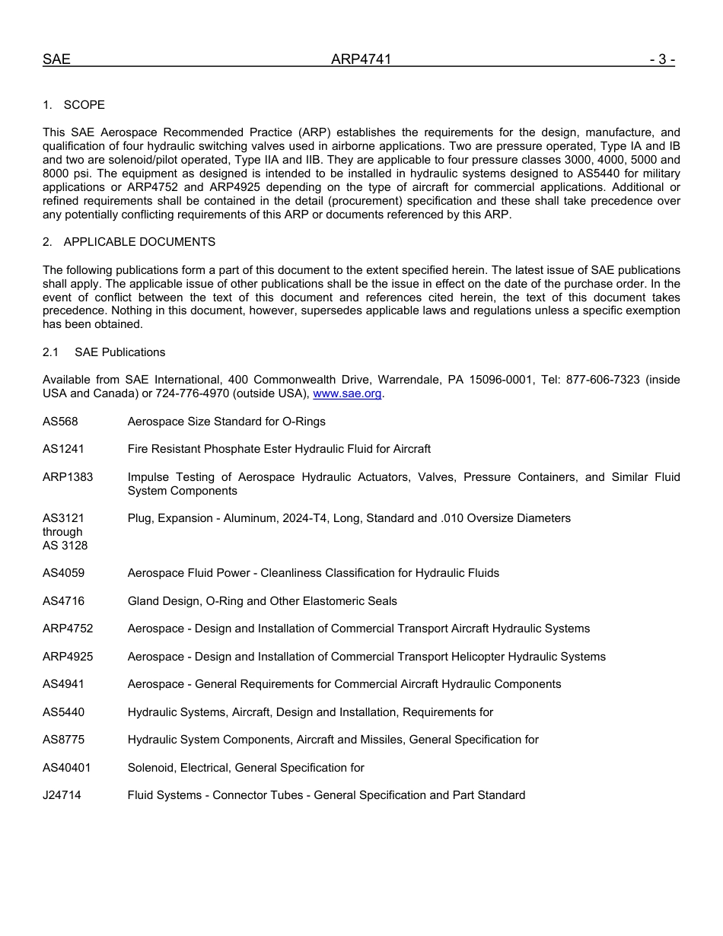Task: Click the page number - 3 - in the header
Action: [x=661, y=59]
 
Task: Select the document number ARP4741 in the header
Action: [x=361, y=59]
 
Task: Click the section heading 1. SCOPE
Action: [x=74, y=104]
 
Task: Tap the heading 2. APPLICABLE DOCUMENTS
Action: [x=129, y=242]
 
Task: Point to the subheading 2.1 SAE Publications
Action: [x=104, y=352]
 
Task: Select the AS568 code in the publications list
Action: [x=60, y=422]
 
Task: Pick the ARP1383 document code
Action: [x=68, y=477]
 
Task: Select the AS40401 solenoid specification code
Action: [x=66, y=768]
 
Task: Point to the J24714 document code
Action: [x=62, y=795]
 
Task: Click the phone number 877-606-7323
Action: [x=602, y=380]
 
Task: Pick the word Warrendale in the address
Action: [x=409, y=380]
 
